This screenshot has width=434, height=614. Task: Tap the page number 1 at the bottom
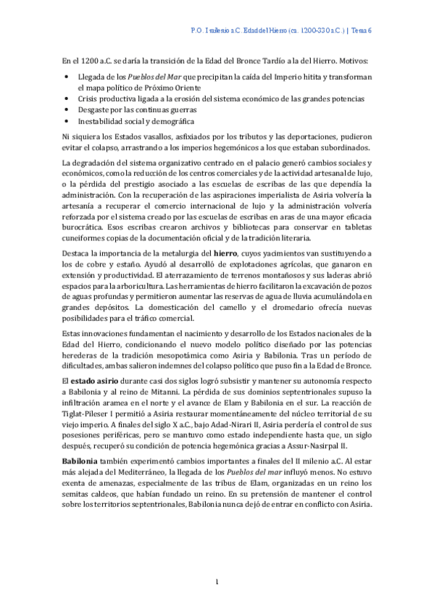click(x=217, y=581)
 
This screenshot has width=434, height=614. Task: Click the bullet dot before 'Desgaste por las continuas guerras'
click(x=67, y=108)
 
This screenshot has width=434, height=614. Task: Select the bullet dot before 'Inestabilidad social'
click(x=67, y=121)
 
